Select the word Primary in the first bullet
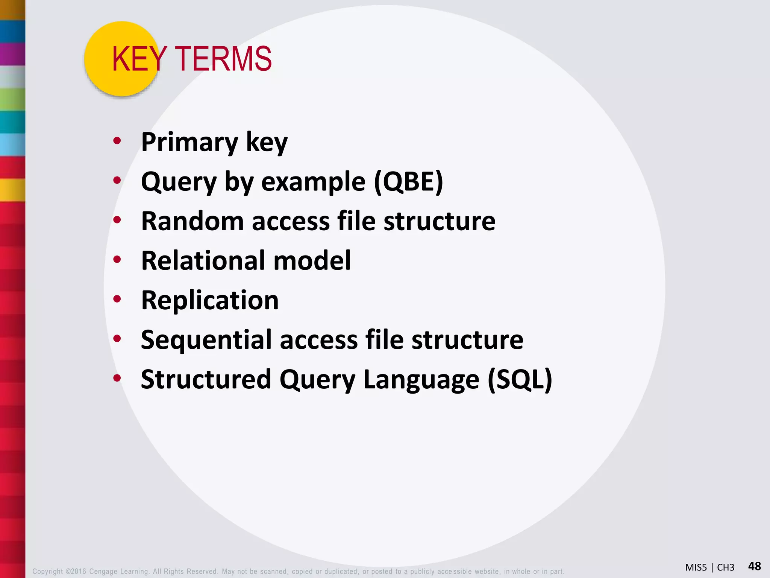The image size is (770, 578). point(189,143)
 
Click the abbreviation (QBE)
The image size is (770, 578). point(408,182)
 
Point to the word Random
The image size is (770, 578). point(192,221)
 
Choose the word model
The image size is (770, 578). point(312,260)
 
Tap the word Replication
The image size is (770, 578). point(210,300)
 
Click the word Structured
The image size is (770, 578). point(206,379)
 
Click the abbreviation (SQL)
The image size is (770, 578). point(520,379)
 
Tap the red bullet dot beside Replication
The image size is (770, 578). point(117,299)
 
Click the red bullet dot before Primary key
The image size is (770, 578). point(117,141)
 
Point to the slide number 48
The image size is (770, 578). point(754,566)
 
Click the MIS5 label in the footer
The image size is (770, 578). point(696,567)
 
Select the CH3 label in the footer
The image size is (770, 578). point(725,567)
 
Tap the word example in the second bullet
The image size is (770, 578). point(313,182)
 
